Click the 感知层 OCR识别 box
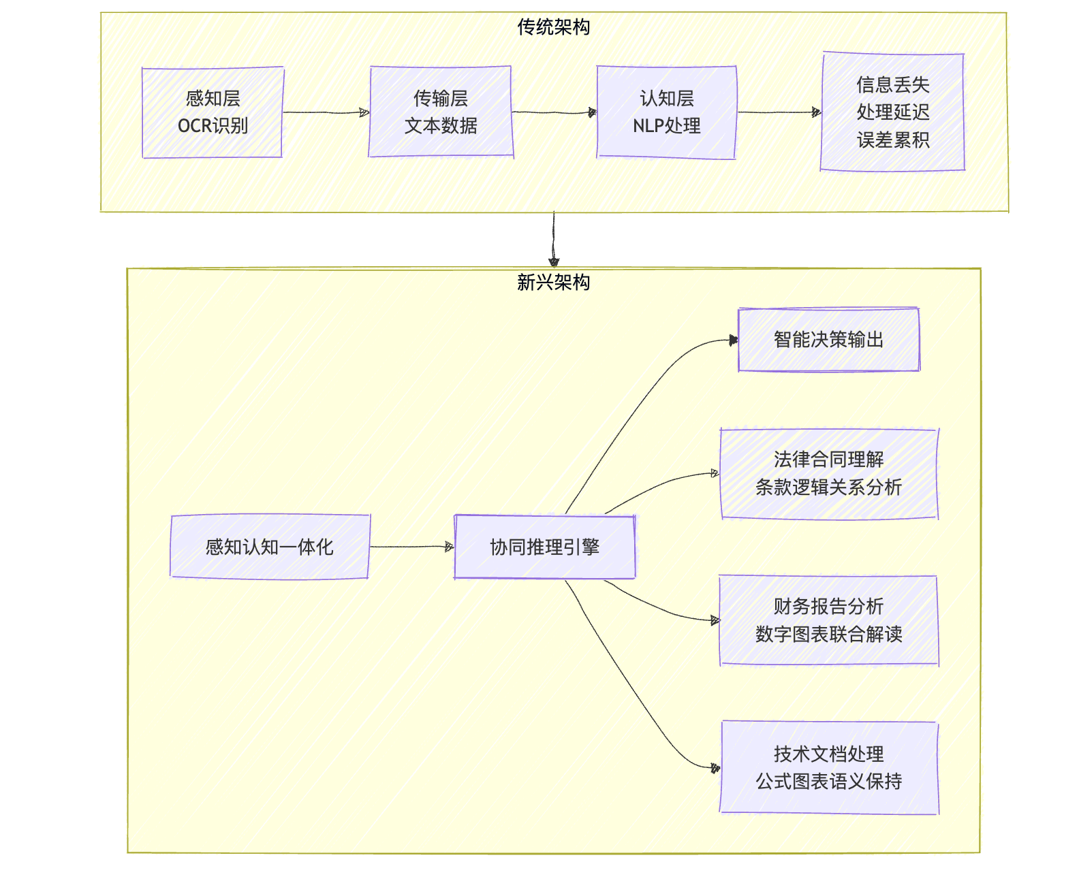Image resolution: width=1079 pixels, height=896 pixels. (x=213, y=112)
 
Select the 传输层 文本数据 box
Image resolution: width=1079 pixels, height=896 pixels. (x=441, y=112)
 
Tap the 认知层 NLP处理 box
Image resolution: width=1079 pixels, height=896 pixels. (x=666, y=112)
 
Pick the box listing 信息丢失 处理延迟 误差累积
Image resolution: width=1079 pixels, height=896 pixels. (x=892, y=112)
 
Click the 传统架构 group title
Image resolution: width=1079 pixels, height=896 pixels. (x=553, y=27)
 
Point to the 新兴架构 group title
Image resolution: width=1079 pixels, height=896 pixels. (x=553, y=282)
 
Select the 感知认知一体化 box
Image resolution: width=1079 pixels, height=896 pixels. (x=270, y=547)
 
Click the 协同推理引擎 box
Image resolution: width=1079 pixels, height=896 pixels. (x=544, y=547)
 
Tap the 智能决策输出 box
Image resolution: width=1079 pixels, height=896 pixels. (x=828, y=340)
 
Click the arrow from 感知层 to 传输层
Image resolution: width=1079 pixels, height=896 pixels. (x=326, y=112)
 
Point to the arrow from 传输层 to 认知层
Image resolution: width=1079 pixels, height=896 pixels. (x=553, y=112)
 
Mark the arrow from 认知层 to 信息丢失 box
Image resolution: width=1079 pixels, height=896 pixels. (x=778, y=112)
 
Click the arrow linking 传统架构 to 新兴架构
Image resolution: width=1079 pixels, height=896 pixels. (x=553, y=238)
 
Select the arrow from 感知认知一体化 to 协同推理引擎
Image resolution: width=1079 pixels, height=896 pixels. (x=411, y=547)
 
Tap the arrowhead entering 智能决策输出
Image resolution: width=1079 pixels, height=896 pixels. (x=734, y=340)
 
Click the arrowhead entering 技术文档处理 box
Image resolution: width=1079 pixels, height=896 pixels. (x=715, y=768)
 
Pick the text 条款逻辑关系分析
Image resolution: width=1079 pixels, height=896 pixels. (x=828, y=487)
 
